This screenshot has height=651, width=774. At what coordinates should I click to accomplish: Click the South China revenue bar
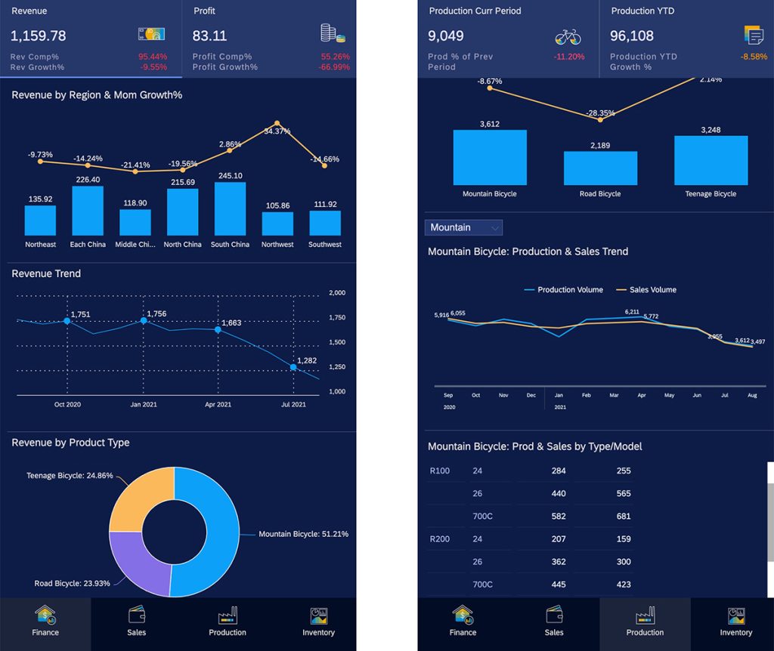230,209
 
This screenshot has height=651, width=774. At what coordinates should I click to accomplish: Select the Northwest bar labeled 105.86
277,224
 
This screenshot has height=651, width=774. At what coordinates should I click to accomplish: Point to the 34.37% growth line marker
277,123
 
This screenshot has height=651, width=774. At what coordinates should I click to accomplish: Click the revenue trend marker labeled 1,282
293,368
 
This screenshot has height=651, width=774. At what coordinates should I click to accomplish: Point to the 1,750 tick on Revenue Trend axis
337,317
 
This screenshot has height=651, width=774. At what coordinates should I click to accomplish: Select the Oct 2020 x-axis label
68,405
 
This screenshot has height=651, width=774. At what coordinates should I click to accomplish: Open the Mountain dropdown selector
464,227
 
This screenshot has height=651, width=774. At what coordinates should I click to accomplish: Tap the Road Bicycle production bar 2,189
600,168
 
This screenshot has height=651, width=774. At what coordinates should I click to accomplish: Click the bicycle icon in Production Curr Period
568,36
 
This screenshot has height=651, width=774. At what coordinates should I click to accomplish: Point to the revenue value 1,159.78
39,35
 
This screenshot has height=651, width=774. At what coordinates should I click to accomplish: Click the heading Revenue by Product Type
70,443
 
